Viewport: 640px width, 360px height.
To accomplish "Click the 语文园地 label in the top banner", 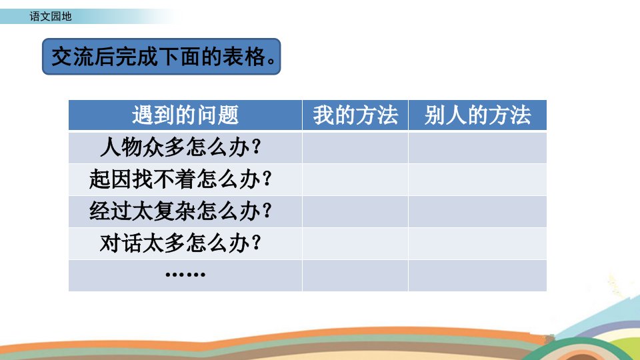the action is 51,16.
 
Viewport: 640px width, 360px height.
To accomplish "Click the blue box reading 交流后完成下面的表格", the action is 161,56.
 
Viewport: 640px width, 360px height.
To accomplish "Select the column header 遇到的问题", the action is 185,115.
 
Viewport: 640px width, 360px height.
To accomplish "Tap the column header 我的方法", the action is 355,115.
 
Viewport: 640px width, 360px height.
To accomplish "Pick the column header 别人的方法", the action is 477,115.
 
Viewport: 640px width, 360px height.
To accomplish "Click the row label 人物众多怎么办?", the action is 181,147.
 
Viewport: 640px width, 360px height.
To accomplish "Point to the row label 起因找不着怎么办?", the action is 181,179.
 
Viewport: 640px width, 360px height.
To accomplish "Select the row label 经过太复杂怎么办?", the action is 181,211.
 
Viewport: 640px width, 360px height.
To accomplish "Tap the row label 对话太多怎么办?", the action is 181,243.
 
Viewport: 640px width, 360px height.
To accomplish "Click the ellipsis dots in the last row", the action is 185,275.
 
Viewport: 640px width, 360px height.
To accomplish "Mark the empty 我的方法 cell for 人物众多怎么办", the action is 355,148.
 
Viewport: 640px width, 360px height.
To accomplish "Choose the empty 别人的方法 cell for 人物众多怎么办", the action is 477,148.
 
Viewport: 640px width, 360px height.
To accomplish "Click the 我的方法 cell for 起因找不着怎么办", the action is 355,179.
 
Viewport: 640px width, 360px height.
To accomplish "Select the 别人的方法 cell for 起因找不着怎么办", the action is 477,179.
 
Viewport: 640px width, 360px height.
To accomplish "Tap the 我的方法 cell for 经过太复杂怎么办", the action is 355,211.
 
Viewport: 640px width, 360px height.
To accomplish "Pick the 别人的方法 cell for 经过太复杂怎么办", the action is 477,211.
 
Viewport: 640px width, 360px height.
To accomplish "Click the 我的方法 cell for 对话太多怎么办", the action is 355,244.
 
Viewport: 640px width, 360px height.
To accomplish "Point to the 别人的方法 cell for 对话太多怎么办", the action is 477,244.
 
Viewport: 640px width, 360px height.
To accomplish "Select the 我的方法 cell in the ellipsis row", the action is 355,275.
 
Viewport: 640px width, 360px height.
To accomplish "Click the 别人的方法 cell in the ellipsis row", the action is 477,275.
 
